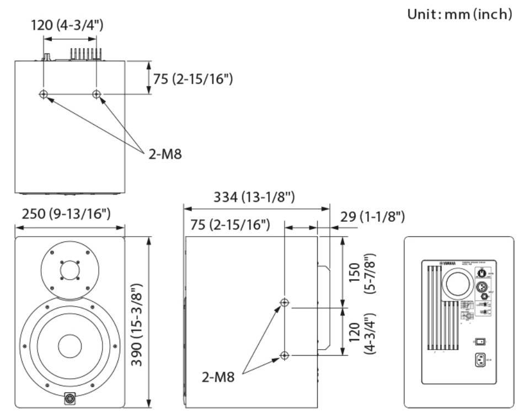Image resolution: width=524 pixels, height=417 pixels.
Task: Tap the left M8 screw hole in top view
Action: pos(44,94)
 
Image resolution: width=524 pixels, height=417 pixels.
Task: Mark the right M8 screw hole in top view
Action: pos(97,94)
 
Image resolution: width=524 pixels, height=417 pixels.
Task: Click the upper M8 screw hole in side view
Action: pos(285,303)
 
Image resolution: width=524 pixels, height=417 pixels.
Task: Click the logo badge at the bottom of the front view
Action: pos(71,397)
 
